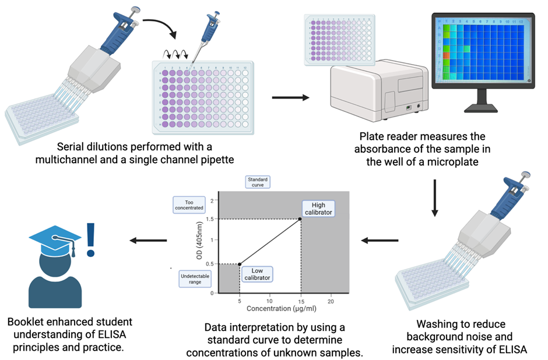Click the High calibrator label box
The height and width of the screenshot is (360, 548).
318,208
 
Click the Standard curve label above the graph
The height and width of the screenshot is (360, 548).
257,181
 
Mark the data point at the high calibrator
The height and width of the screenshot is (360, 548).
300,219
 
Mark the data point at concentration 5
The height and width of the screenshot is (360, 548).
240,264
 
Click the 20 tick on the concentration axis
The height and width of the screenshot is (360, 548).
331,301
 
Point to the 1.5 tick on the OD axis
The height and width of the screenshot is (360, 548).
213,220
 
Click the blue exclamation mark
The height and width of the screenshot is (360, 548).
91,240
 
